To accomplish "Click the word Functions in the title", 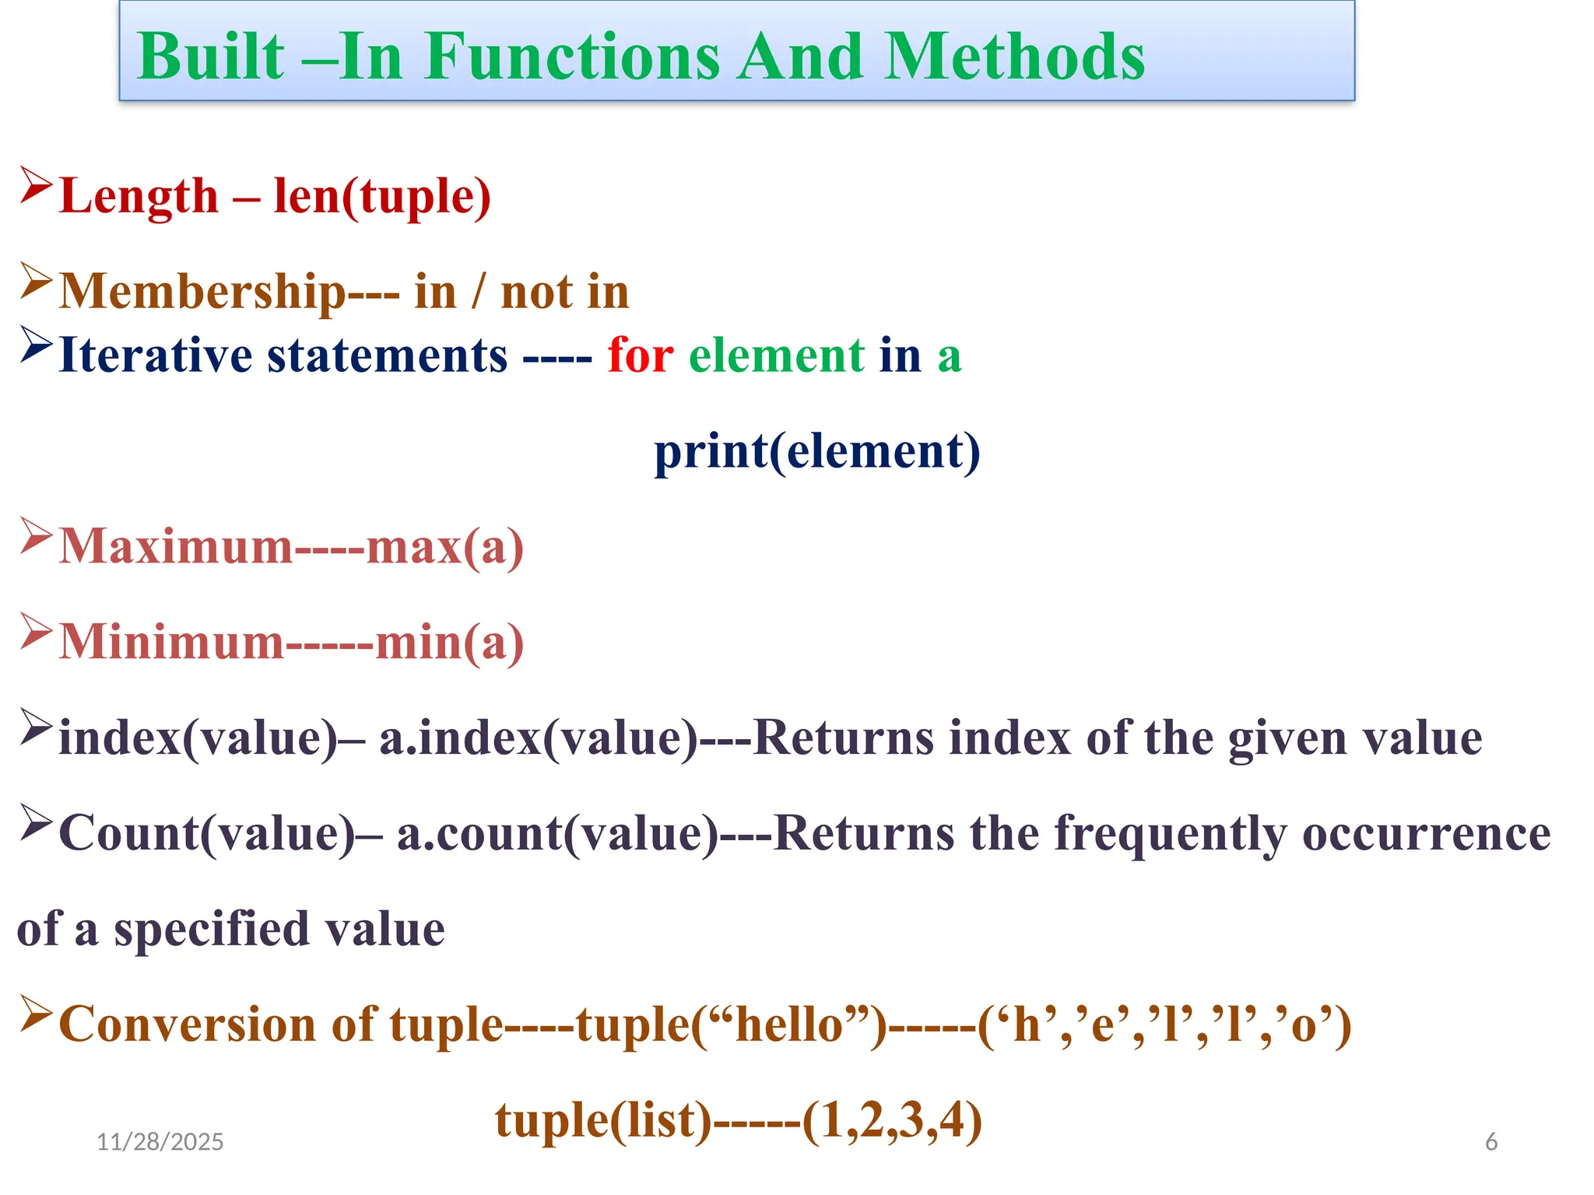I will pyautogui.click(x=572, y=57).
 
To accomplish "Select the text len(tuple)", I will pyautogui.click(x=382, y=196).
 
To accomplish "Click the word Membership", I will pyautogui.click(x=202, y=292).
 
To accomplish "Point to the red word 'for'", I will pyautogui.click(x=640, y=356).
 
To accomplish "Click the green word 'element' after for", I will pyautogui.click(x=776, y=356).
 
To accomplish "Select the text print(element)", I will pyautogui.click(x=816, y=451).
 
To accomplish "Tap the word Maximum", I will pyautogui.click(x=176, y=546).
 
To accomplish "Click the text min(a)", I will pyautogui.click(x=449, y=643).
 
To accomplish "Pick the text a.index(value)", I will pyautogui.click(x=539, y=738).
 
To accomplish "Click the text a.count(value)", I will pyautogui.click(x=557, y=833).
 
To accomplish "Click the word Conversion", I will pyautogui.click(x=187, y=1024).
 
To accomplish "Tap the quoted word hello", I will pyautogui.click(x=789, y=1024).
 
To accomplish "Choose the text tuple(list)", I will pyautogui.click(x=603, y=1120).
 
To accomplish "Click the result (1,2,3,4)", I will pyautogui.click(x=892, y=1120).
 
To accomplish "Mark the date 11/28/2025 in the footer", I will pyautogui.click(x=160, y=1141).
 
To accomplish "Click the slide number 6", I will pyautogui.click(x=1491, y=1141).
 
